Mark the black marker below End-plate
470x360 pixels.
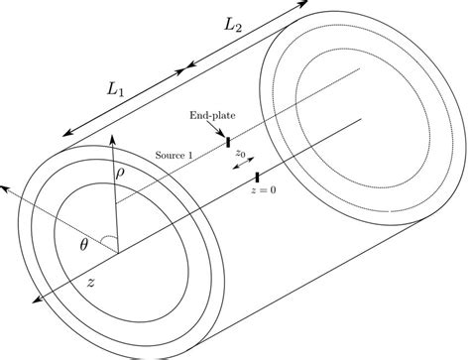click(x=228, y=143)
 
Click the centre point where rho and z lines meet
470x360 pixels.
click(x=117, y=252)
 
